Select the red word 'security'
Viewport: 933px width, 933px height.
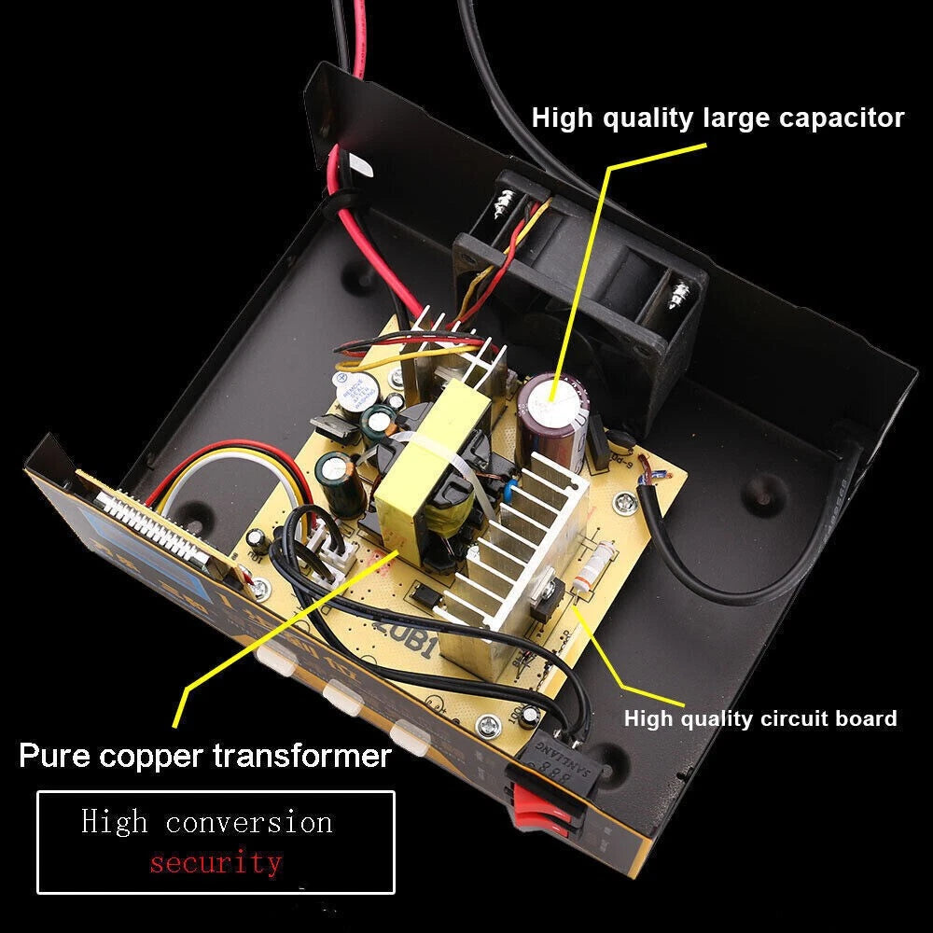tap(216, 861)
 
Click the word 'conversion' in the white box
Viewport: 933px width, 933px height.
tap(249, 822)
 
